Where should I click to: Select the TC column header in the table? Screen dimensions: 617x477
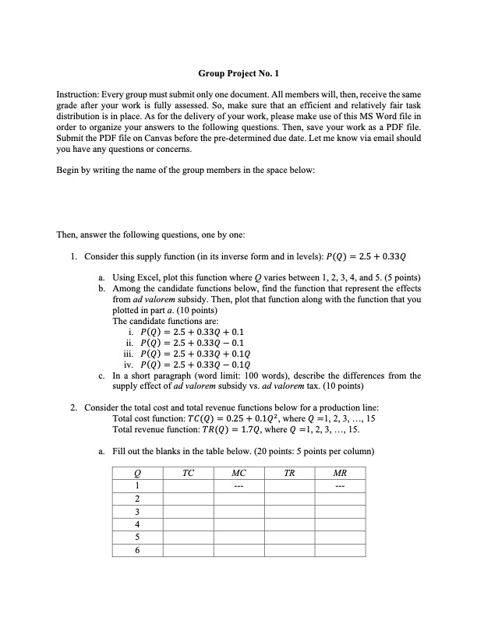pyautogui.click(x=188, y=472)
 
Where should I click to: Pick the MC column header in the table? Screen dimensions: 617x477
pyautogui.click(x=239, y=472)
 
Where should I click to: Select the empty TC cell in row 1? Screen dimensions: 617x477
pyautogui.click(x=188, y=485)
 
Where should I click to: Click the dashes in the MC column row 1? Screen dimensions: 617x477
pyautogui.click(x=239, y=485)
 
